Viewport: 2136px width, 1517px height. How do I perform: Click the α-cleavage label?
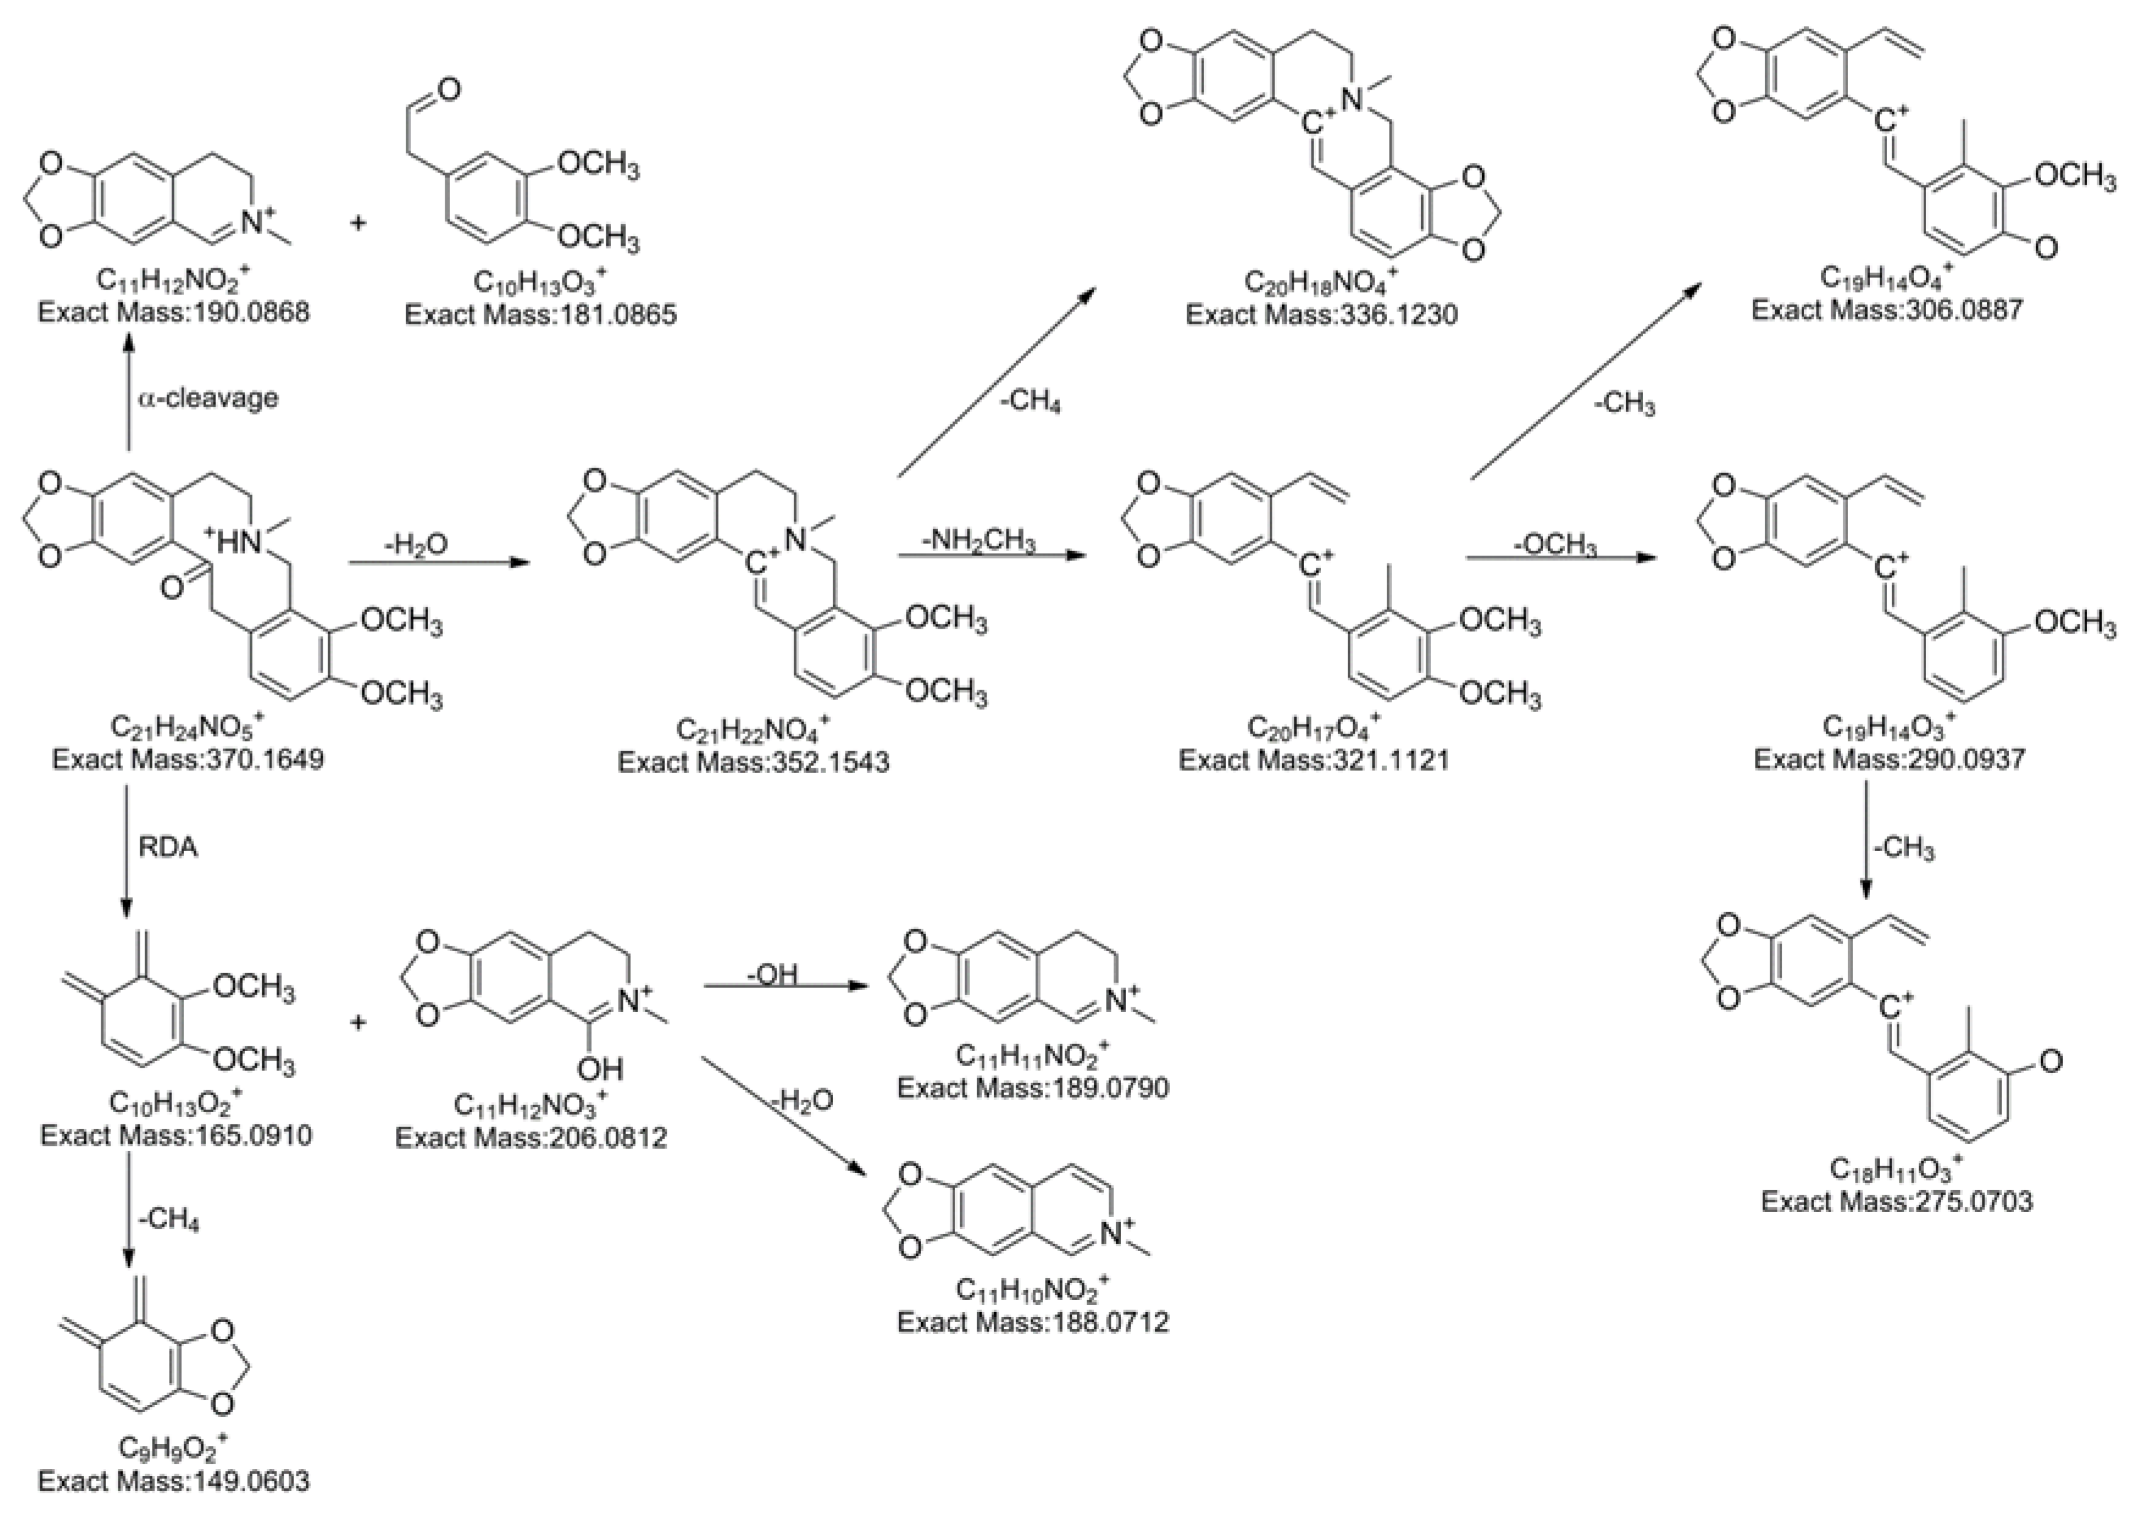pos(209,398)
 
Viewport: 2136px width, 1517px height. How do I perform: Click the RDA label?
pos(169,848)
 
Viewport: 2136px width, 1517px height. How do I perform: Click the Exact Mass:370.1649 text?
pos(188,758)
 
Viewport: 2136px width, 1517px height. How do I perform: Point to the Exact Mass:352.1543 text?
pos(753,762)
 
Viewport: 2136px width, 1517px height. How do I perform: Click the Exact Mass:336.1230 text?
pos(1321,314)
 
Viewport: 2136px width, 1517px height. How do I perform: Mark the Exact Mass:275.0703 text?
pos(1897,1201)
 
